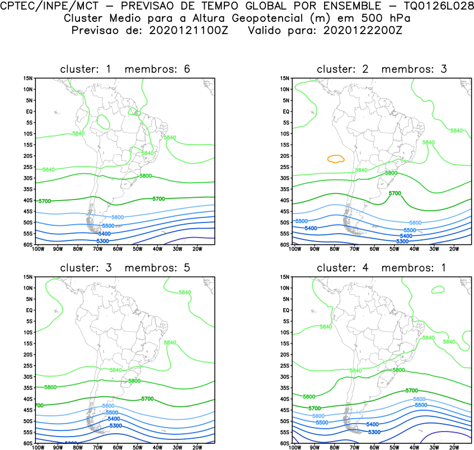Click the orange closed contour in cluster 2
tap(335, 159)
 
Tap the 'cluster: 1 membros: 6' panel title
tap(125, 69)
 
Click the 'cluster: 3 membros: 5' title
tap(125, 268)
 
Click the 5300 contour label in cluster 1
tap(102, 241)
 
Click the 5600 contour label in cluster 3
tap(108, 406)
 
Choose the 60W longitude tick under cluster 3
tap(117, 448)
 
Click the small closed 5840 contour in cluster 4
tap(438, 289)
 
